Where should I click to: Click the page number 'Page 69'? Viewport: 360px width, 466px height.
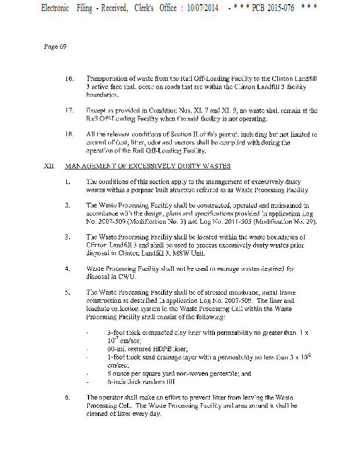click(x=55, y=47)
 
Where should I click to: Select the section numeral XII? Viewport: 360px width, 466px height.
click(x=49, y=166)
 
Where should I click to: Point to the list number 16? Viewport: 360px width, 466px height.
click(x=69, y=78)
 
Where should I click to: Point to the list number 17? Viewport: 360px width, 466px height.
click(x=69, y=110)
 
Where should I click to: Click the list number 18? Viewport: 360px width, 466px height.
click(x=69, y=134)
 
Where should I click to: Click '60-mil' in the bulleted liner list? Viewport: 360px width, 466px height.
click(x=118, y=348)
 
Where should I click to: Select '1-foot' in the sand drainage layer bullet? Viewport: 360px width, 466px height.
click(x=117, y=356)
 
